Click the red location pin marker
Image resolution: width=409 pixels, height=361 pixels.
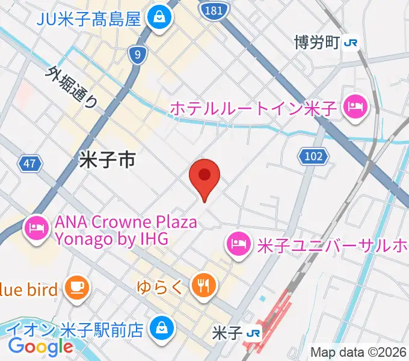coord(204,176)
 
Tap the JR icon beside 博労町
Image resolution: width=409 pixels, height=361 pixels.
coord(351,43)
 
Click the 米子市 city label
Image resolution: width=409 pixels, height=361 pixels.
coord(107,159)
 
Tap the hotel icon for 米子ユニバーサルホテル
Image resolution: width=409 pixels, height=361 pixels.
coord(238,244)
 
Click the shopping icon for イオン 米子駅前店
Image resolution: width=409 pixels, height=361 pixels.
coord(161,329)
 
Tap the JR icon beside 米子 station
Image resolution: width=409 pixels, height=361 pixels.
coord(254,333)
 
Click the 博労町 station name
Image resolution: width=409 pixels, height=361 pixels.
coord(316,43)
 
